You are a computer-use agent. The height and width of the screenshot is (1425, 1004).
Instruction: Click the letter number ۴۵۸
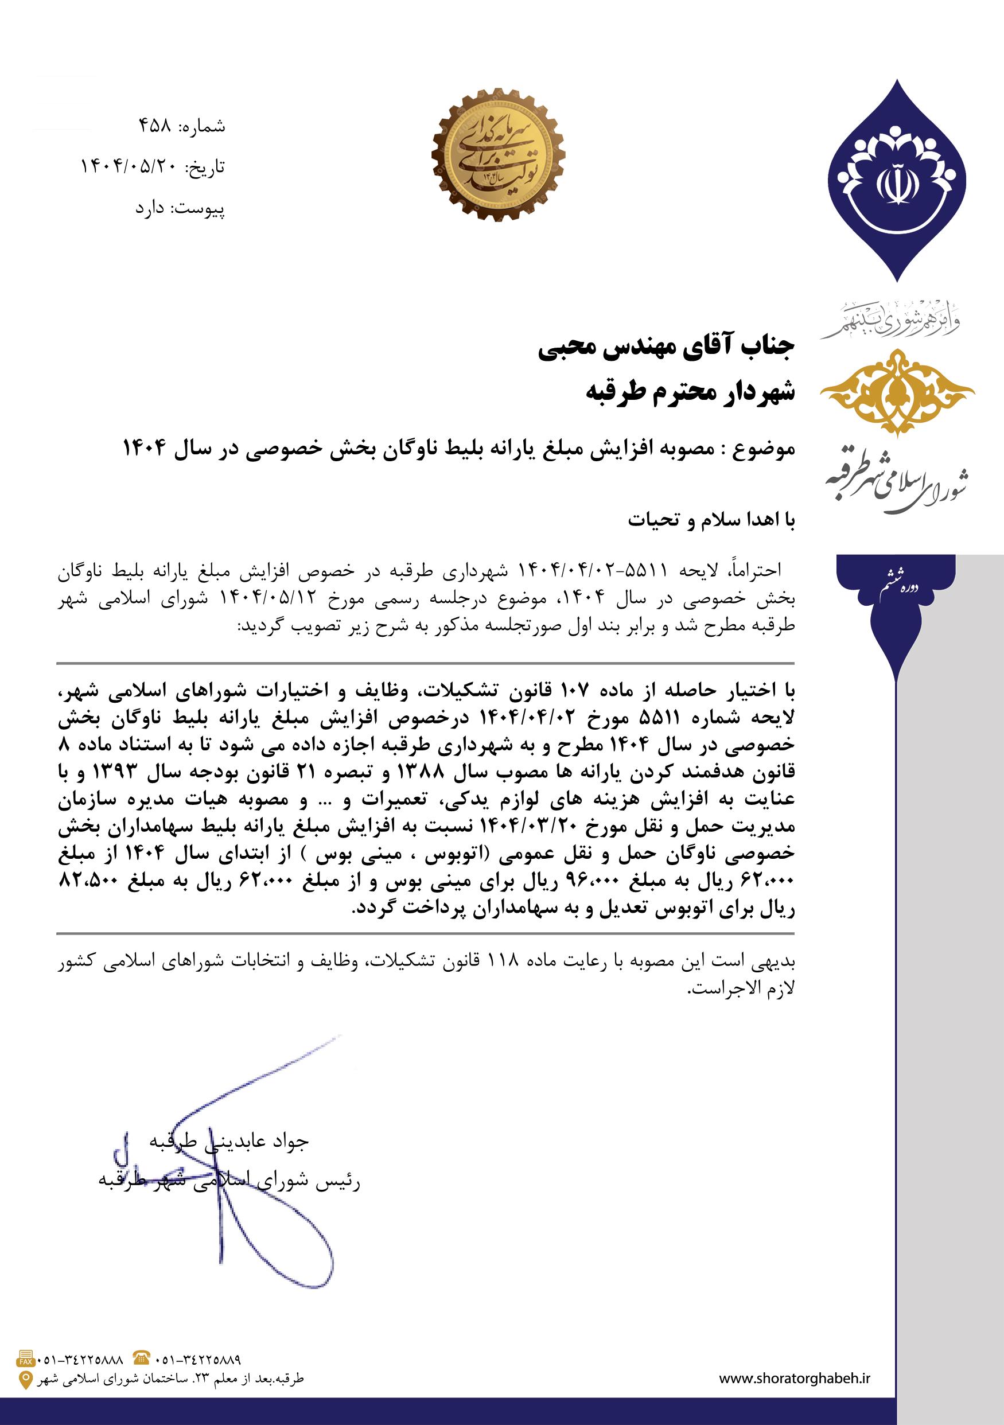(x=154, y=126)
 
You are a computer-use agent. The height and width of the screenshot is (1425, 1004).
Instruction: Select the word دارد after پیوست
(x=150, y=209)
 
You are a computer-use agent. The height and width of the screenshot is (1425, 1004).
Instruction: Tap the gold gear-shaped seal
(x=497, y=154)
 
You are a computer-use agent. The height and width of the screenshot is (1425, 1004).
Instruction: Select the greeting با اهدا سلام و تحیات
(x=710, y=520)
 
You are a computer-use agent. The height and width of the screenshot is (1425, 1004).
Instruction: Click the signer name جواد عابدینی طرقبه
(x=229, y=1140)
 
